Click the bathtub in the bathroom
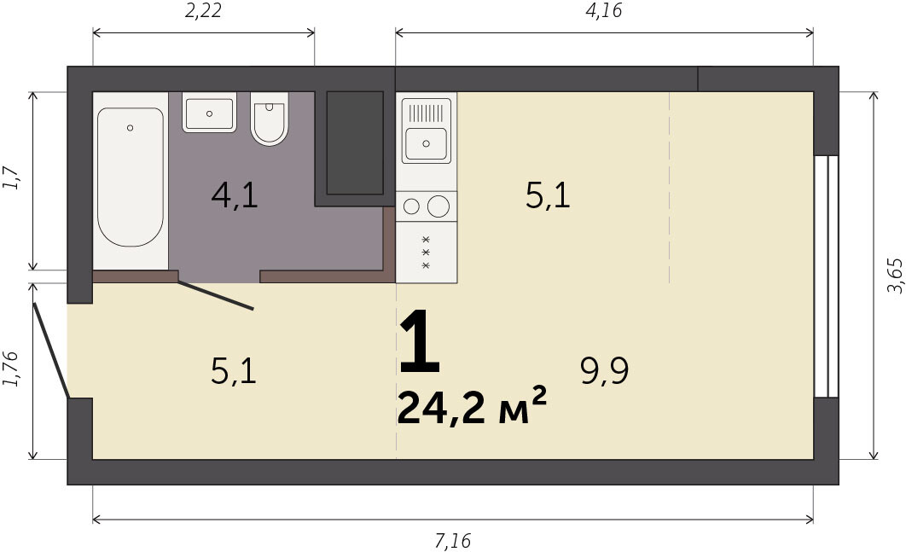click(131, 180)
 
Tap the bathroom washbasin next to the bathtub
click(209, 112)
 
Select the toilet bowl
click(270, 118)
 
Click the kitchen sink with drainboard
click(427, 131)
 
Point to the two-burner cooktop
click(427, 206)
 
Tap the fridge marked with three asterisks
click(427, 253)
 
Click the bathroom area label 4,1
click(235, 195)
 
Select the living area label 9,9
click(604, 370)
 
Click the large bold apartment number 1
click(420, 341)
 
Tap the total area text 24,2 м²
click(472, 406)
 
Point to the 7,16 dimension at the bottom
click(452, 541)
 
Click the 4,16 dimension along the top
click(604, 10)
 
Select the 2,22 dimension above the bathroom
click(203, 10)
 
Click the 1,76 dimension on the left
click(12, 369)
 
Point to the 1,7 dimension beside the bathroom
click(12, 177)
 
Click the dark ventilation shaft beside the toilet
click(355, 142)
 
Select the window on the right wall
click(827, 276)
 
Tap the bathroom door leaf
click(216, 295)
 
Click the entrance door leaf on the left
click(51, 351)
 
